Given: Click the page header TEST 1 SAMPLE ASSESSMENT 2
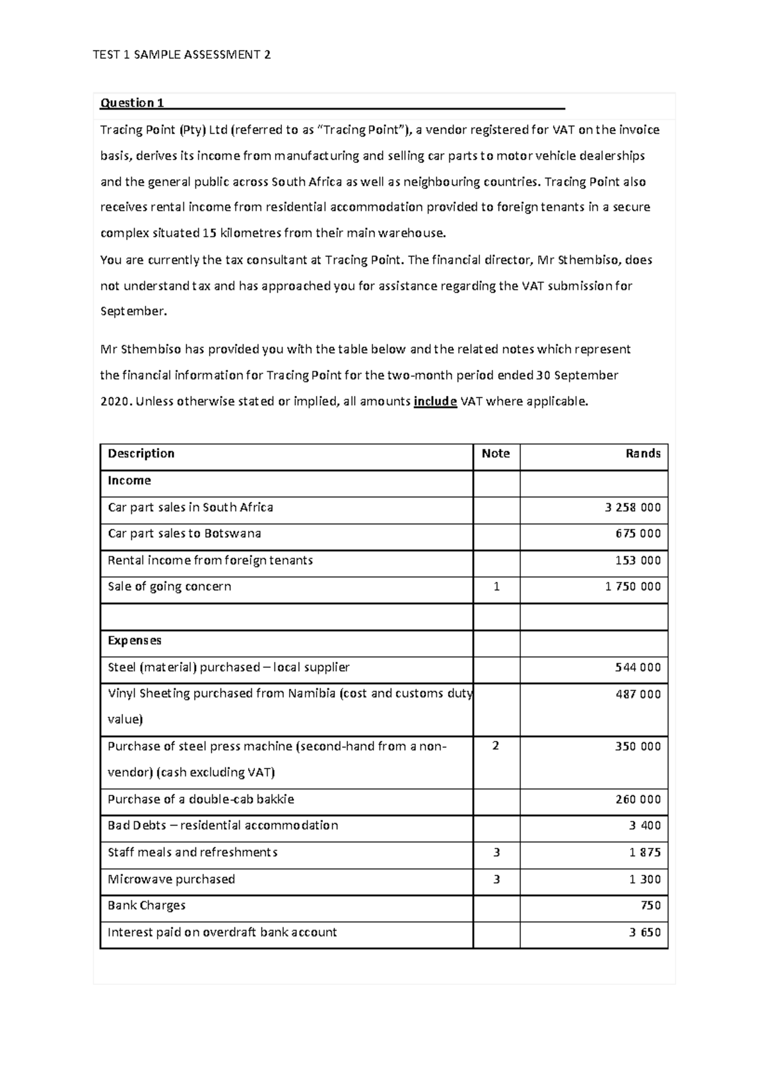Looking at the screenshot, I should coord(181,55).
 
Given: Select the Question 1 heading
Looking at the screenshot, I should coord(132,103).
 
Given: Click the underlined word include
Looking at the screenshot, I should coord(435,402).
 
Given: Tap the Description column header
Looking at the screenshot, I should coord(141,454).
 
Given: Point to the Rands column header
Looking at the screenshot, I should coord(643,454).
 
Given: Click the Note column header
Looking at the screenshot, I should coord(495,454).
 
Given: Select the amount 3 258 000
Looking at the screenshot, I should coord(633,508).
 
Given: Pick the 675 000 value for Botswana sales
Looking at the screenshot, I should coord(638,534).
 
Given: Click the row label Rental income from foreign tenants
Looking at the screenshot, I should coord(210,561).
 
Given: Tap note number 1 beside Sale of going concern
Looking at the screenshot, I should coord(496,587).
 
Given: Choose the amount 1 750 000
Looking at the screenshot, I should coord(633,587).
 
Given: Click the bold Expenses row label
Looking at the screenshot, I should coord(135,641).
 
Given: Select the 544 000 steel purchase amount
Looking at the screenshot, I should coord(638,668).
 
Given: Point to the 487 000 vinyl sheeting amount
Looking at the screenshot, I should coord(638,695).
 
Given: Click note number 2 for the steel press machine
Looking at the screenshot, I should coord(495,746).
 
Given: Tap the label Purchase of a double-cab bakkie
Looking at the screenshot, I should coord(201,800).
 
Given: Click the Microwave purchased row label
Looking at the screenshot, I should coord(171,880).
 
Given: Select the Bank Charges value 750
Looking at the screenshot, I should coord(650,906).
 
